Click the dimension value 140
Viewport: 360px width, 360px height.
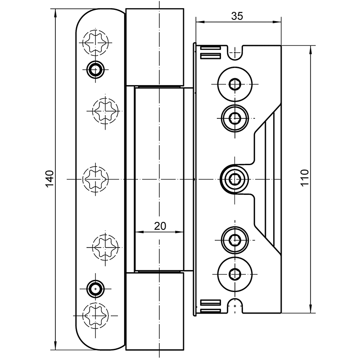tap(49, 179)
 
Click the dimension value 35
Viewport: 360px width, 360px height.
tap(237, 16)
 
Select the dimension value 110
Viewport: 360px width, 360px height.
tap(305, 178)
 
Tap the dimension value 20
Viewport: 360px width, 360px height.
tap(160, 226)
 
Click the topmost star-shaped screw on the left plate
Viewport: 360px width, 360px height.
tap(95, 43)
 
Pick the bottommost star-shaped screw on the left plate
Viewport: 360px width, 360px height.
tap(95, 315)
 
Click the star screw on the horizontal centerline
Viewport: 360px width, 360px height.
tap(95, 179)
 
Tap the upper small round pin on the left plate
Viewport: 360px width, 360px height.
tap(95, 69)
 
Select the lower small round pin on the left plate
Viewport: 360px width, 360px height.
tap(95, 289)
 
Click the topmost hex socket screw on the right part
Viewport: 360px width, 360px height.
tap(234, 84)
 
